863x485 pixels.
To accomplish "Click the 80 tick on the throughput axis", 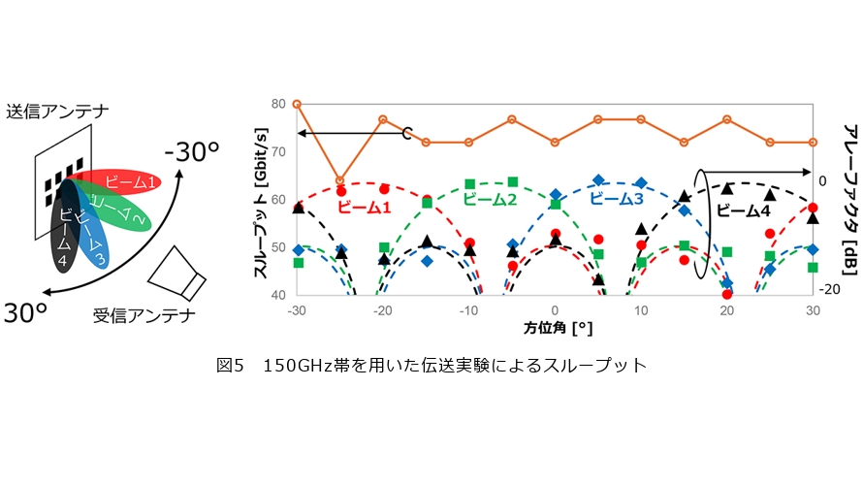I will point(280,104).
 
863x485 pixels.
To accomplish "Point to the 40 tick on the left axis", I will point(280,294).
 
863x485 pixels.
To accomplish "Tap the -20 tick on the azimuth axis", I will point(383,309).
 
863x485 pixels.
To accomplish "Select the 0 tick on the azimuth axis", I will point(555,309).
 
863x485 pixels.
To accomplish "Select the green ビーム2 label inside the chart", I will point(492,199).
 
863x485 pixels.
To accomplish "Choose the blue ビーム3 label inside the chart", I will point(617,199).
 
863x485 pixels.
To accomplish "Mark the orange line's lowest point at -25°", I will point(339,180).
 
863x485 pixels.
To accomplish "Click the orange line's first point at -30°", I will point(297,104).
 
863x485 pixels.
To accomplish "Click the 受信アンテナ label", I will point(144,316).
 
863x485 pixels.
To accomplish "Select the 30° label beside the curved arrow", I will point(28,313).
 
